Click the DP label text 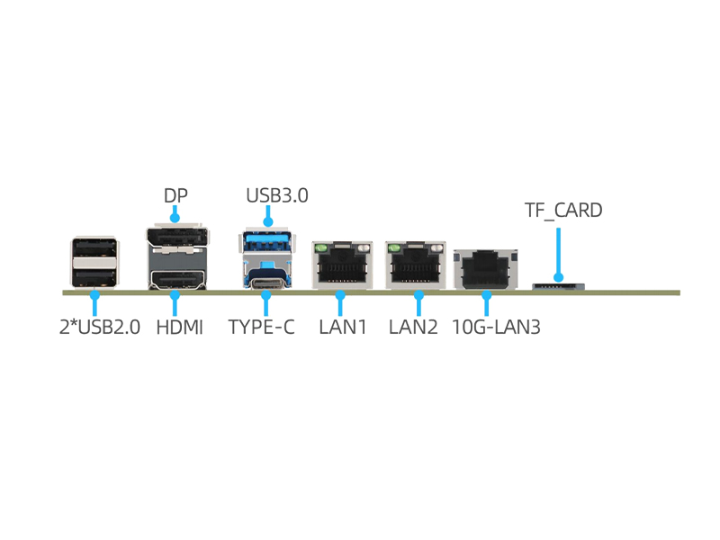(175, 195)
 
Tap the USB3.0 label (276, 195)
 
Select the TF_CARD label (563, 211)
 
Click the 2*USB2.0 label (100, 327)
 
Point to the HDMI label (180, 327)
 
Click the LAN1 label (343, 327)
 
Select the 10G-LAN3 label (496, 327)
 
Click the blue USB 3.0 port (265, 240)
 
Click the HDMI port (176, 278)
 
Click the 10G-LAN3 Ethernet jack (487, 268)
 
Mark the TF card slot (558, 286)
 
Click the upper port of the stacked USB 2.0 (94, 248)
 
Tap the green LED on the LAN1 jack (319, 247)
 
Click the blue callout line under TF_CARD (559, 252)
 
